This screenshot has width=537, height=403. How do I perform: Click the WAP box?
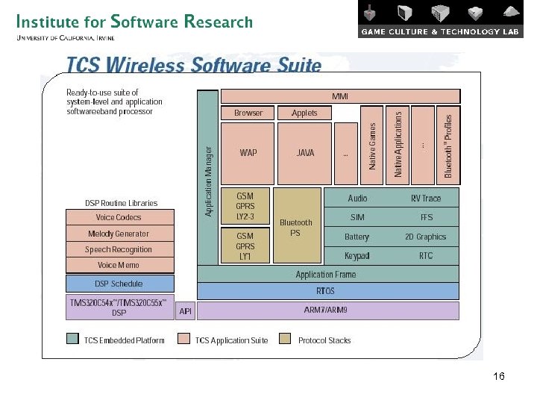(x=248, y=153)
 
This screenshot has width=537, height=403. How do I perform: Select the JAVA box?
(x=305, y=153)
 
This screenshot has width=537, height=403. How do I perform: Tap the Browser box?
(x=248, y=113)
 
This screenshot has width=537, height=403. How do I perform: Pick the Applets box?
(x=304, y=113)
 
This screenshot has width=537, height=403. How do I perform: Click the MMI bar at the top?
(x=340, y=96)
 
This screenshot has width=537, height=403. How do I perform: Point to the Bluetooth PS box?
(x=295, y=227)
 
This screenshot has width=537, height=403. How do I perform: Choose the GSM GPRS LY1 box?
(x=245, y=246)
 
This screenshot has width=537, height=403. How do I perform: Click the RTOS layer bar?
(x=326, y=291)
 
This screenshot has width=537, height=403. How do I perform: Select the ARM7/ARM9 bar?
(x=326, y=310)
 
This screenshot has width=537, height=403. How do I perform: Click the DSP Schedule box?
(x=119, y=284)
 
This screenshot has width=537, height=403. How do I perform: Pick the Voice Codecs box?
(x=119, y=217)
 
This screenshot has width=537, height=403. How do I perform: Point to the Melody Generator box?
(x=119, y=234)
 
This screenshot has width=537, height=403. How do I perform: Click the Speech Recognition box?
(x=119, y=249)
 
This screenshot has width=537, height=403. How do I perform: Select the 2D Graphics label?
(x=425, y=237)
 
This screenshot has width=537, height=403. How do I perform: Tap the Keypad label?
(x=357, y=256)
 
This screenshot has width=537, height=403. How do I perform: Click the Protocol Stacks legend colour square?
(x=285, y=340)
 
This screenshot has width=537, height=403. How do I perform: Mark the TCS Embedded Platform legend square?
(x=72, y=340)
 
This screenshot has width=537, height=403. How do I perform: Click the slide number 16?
(x=499, y=377)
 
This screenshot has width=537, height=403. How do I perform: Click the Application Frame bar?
(x=326, y=275)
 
